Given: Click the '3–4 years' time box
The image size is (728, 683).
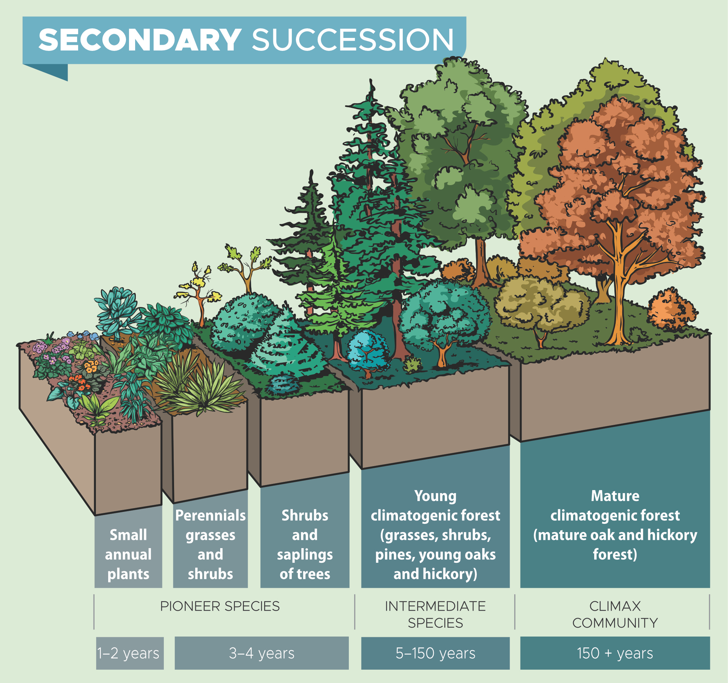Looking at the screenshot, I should pyautogui.click(x=261, y=653).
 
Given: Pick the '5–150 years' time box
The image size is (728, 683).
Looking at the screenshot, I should pyautogui.click(x=435, y=653).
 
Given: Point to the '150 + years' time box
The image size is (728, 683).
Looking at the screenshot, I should pyautogui.click(x=615, y=653).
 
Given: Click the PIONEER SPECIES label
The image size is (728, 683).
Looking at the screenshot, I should pyautogui.click(x=220, y=607).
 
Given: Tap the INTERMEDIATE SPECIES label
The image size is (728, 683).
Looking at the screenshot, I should pyautogui.click(x=435, y=614).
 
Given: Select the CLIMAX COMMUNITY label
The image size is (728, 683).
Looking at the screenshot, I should pyautogui.click(x=615, y=614).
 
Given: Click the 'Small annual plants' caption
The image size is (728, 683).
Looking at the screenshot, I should pyautogui.click(x=128, y=554).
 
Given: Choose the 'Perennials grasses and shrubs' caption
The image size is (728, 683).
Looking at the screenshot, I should pyautogui.click(x=210, y=544).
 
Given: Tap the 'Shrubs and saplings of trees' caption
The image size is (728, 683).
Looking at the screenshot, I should pyautogui.click(x=305, y=544).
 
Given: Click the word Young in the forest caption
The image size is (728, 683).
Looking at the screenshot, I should pyautogui.click(x=435, y=496).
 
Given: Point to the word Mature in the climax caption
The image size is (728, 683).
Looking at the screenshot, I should pyautogui.click(x=615, y=496).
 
